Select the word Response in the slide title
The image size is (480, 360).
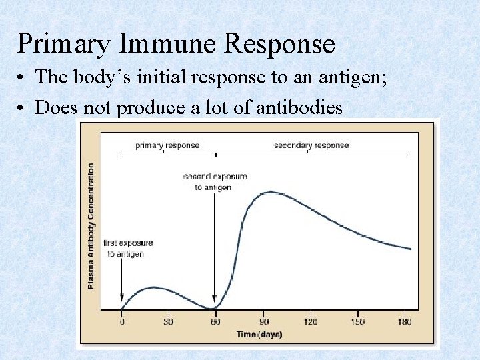point(280,44)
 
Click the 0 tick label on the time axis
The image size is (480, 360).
point(121,322)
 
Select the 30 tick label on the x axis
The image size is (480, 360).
point(167,322)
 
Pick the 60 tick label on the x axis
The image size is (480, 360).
point(214,322)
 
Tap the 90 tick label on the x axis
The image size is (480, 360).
point(263,322)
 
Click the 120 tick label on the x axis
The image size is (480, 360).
point(311,322)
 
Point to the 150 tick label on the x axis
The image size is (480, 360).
point(357,322)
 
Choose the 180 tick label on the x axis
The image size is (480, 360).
point(404,322)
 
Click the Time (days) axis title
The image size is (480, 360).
point(259,334)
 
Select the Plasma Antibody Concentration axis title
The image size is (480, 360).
point(91,226)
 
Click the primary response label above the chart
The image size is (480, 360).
point(167,145)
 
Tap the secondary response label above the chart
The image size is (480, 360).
point(311,145)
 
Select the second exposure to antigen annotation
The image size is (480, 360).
point(215,182)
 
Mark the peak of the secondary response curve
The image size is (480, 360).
point(269,192)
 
